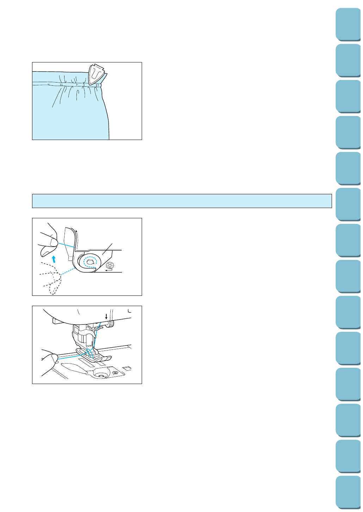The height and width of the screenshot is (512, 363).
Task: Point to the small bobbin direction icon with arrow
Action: click(x=109, y=267)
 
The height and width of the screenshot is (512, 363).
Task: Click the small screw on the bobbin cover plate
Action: click(x=115, y=372)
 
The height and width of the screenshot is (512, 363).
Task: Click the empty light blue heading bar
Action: click(x=182, y=201)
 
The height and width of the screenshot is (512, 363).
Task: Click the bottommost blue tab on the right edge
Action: click(x=348, y=492)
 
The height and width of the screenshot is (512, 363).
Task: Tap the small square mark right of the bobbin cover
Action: click(x=124, y=368)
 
